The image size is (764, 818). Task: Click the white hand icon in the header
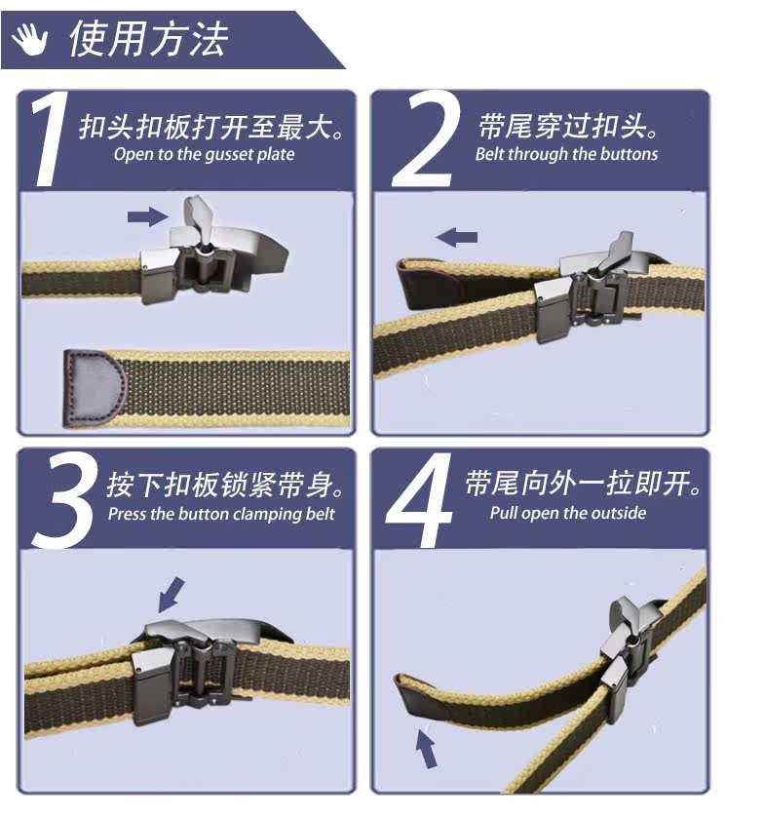coord(30,39)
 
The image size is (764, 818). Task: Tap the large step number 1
coord(51,138)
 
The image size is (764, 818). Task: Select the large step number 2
coord(426,138)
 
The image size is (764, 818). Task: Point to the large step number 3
coord(65,501)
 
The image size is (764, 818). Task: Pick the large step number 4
coord(419,501)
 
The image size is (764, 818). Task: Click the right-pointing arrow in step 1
coord(147,216)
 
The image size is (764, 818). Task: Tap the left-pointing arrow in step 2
coord(456,237)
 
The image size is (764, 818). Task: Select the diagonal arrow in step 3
coord(172,595)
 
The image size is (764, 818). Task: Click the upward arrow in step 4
coord(427,749)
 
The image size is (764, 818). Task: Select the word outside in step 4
coord(620,514)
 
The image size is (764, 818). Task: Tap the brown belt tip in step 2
coord(429,285)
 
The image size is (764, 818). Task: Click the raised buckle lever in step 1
coord(197,219)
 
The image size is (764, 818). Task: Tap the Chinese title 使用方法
coord(149,39)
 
